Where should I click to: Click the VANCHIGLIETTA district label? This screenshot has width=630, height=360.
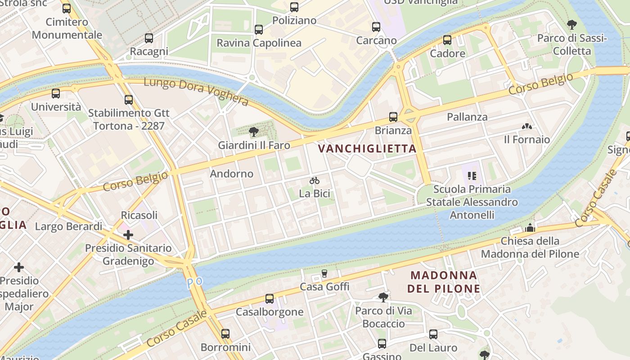click(367, 148)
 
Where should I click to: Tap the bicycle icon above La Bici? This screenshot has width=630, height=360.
click(315, 181)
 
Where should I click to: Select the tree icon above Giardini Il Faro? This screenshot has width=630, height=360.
click(254, 132)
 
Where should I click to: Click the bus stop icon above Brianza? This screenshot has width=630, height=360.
click(393, 117)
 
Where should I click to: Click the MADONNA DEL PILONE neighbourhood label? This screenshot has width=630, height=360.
click(444, 282)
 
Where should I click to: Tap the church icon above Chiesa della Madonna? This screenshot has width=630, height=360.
click(530, 228)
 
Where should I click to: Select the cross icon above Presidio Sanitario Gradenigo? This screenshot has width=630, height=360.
click(128, 234)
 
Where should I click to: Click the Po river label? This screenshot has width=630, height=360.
click(194, 283)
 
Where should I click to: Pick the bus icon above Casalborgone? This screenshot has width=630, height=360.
click(269, 298)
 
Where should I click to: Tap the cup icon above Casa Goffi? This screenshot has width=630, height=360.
click(324, 274)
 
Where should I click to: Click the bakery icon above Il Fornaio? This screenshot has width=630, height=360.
click(526, 126)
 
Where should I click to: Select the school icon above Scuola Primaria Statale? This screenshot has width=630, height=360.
click(472, 175)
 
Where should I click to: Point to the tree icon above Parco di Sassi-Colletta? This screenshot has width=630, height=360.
click(571, 25)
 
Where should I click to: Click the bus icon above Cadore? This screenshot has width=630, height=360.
click(447, 40)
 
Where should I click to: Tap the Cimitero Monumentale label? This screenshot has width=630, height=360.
click(67, 28)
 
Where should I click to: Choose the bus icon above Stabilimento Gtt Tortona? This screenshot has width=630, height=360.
click(129, 99)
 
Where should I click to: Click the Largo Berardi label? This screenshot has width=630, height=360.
click(69, 226)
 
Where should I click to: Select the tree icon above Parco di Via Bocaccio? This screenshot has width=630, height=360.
click(383, 297)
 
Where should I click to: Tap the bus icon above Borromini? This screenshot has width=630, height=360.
click(225, 334)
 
